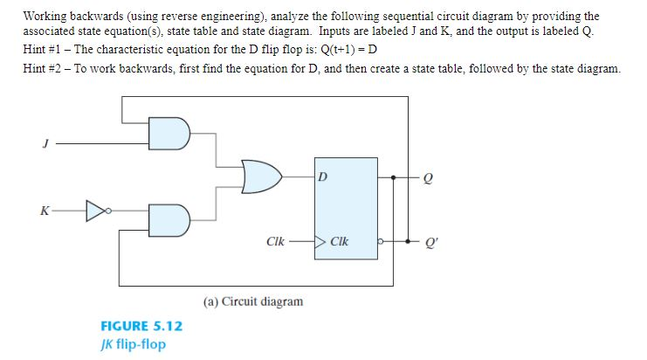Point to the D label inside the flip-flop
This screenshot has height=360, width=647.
(x=323, y=177)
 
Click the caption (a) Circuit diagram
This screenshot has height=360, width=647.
(x=253, y=301)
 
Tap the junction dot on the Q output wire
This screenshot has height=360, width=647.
(x=394, y=177)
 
